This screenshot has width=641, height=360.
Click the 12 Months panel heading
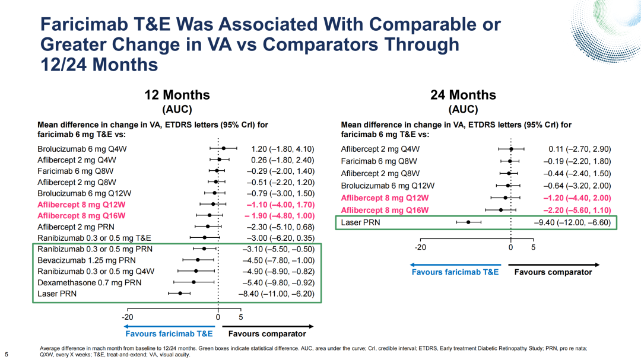click(177, 95)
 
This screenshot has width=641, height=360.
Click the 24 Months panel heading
click(463, 95)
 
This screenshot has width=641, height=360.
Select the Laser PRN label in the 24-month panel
click(361, 222)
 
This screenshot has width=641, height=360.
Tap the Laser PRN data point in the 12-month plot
click(180, 294)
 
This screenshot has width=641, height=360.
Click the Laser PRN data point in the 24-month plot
click(468, 222)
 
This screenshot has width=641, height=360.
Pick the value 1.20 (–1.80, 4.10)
click(283, 149)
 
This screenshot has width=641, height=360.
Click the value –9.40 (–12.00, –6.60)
click(572, 222)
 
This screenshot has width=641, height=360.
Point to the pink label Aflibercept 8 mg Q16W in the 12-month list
click(81, 216)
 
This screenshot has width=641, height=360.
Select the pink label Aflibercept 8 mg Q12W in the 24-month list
click(385, 197)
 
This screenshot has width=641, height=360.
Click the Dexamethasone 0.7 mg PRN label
click(90, 283)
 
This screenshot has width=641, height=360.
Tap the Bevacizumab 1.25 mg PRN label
click(87, 260)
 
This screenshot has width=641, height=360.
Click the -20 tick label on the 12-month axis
click(128, 317)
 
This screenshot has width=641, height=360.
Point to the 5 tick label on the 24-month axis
click(533, 247)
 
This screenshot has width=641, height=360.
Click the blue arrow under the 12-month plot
click(169, 327)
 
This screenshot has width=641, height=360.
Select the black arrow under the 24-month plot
click(554, 265)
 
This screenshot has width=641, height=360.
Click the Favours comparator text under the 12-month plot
click(267, 334)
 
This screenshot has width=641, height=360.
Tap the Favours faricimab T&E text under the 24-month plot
click(455, 272)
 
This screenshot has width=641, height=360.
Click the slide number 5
click(7, 354)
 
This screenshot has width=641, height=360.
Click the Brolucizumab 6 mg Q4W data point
click(224, 148)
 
